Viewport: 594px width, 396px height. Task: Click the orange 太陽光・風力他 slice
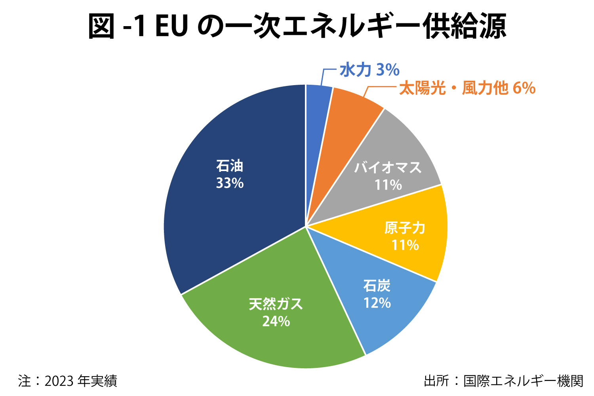click(348, 115)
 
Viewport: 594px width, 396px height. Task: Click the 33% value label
click(230, 183)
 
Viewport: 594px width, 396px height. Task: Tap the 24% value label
click(276, 321)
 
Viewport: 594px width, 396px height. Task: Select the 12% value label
click(377, 303)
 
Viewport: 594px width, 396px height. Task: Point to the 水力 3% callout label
click(369, 70)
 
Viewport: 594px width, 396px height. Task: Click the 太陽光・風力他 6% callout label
click(467, 88)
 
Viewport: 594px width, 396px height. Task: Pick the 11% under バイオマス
click(388, 185)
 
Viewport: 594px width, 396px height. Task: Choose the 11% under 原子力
click(405, 245)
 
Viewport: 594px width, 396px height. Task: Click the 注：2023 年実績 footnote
click(68, 381)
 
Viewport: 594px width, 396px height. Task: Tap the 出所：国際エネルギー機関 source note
click(503, 381)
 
